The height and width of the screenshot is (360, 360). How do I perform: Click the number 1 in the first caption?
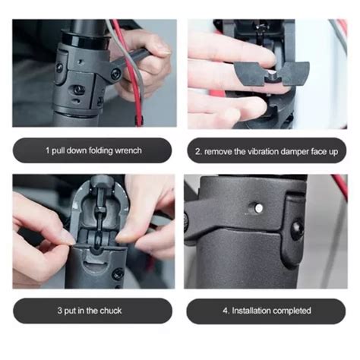click(x=47, y=151)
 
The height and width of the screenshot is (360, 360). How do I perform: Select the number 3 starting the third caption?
click(x=58, y=311)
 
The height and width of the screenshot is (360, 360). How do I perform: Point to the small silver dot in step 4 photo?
click(x=259, y=206)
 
